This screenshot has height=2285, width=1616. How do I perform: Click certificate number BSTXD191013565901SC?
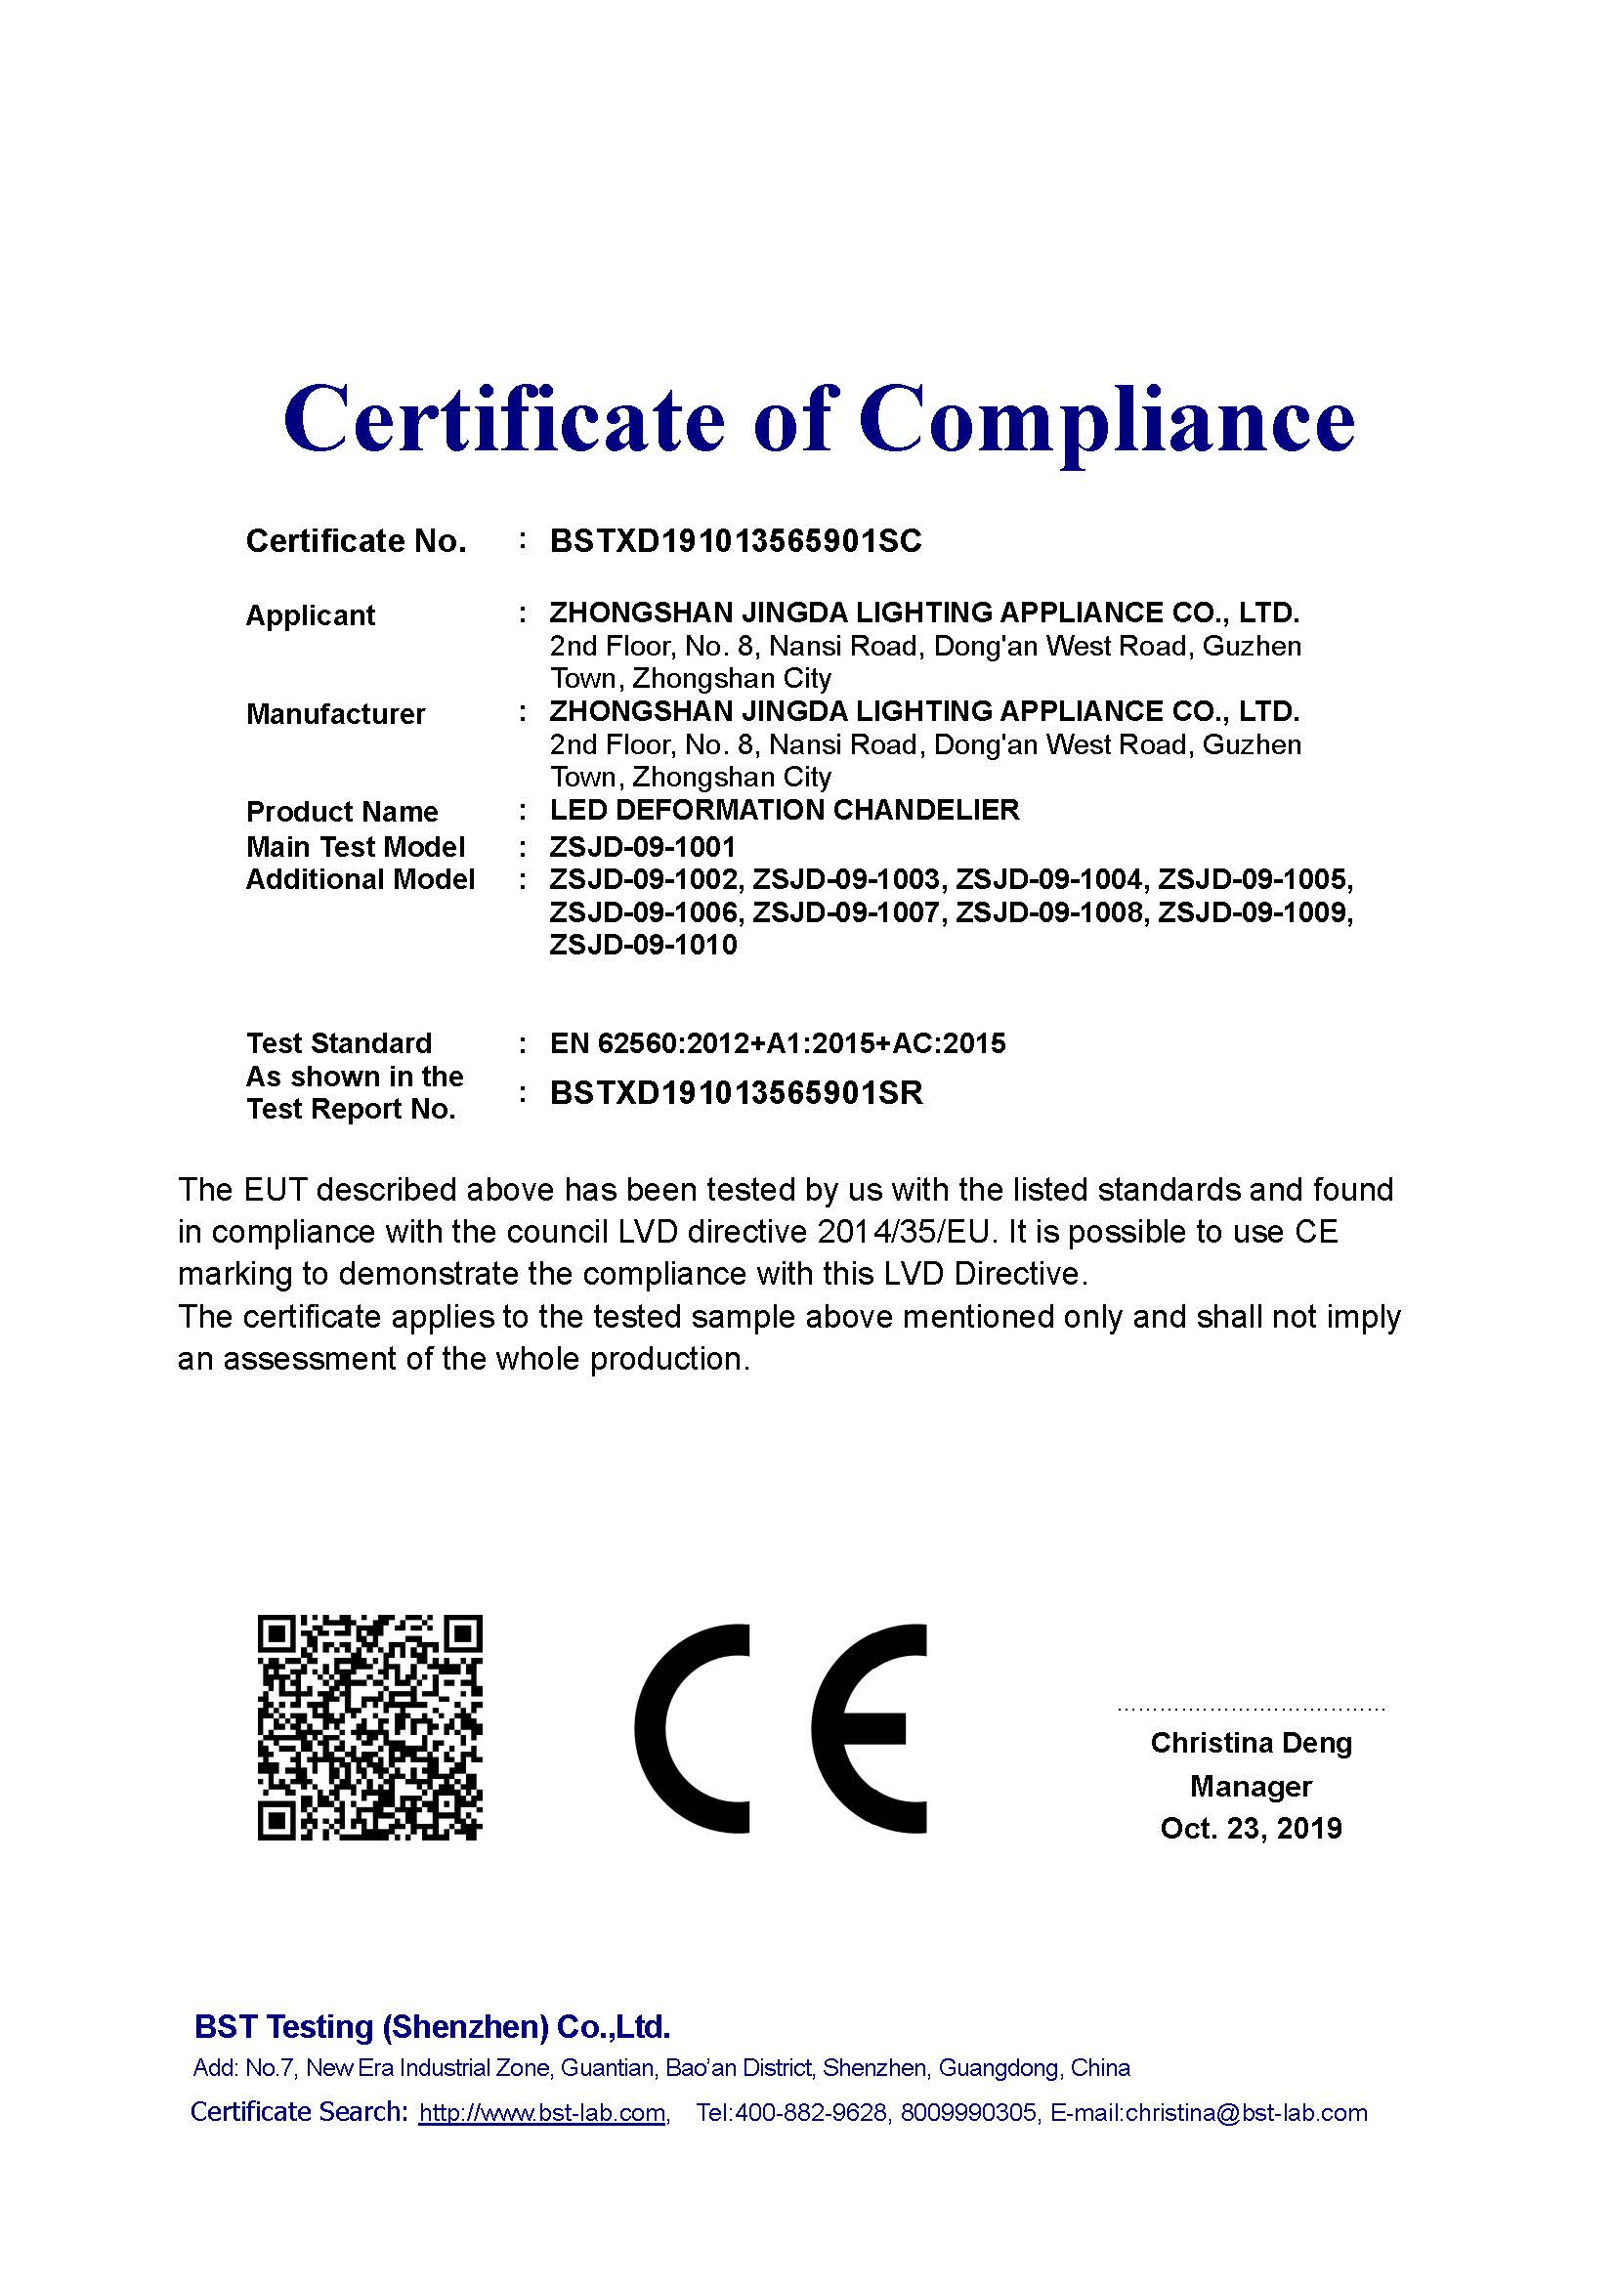[x=736, y=540]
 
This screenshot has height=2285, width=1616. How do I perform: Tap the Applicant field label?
[x=310, y=615]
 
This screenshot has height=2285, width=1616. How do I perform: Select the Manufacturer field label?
[x=335, y=713]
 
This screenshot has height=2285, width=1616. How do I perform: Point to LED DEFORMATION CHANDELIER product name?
[x=785, y=810]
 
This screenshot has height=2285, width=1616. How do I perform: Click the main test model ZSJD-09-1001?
[x=642, y=847]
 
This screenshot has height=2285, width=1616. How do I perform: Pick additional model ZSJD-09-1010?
[x=643, y=945]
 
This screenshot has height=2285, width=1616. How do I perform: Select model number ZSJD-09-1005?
[x=1255, y=880]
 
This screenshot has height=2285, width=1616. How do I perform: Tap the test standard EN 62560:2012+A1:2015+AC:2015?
[x=777, y=1043]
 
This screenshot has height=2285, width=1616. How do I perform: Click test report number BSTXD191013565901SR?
[x=737, y=1093]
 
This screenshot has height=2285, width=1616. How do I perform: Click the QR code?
[x=370, y=1726]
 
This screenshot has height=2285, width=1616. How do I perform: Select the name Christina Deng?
[x=1251, y=1743]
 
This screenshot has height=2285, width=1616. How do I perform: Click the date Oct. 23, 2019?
[x=1251, y=1828]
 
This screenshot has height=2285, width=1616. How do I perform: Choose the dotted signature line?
[x=1251, y=1709]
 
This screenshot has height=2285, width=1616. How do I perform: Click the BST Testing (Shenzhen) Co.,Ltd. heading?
[x=432, y=2027]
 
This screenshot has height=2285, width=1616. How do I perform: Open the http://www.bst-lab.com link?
[x=542, y=2113]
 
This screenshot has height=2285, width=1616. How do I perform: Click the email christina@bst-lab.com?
[x=1246, y=2113]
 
